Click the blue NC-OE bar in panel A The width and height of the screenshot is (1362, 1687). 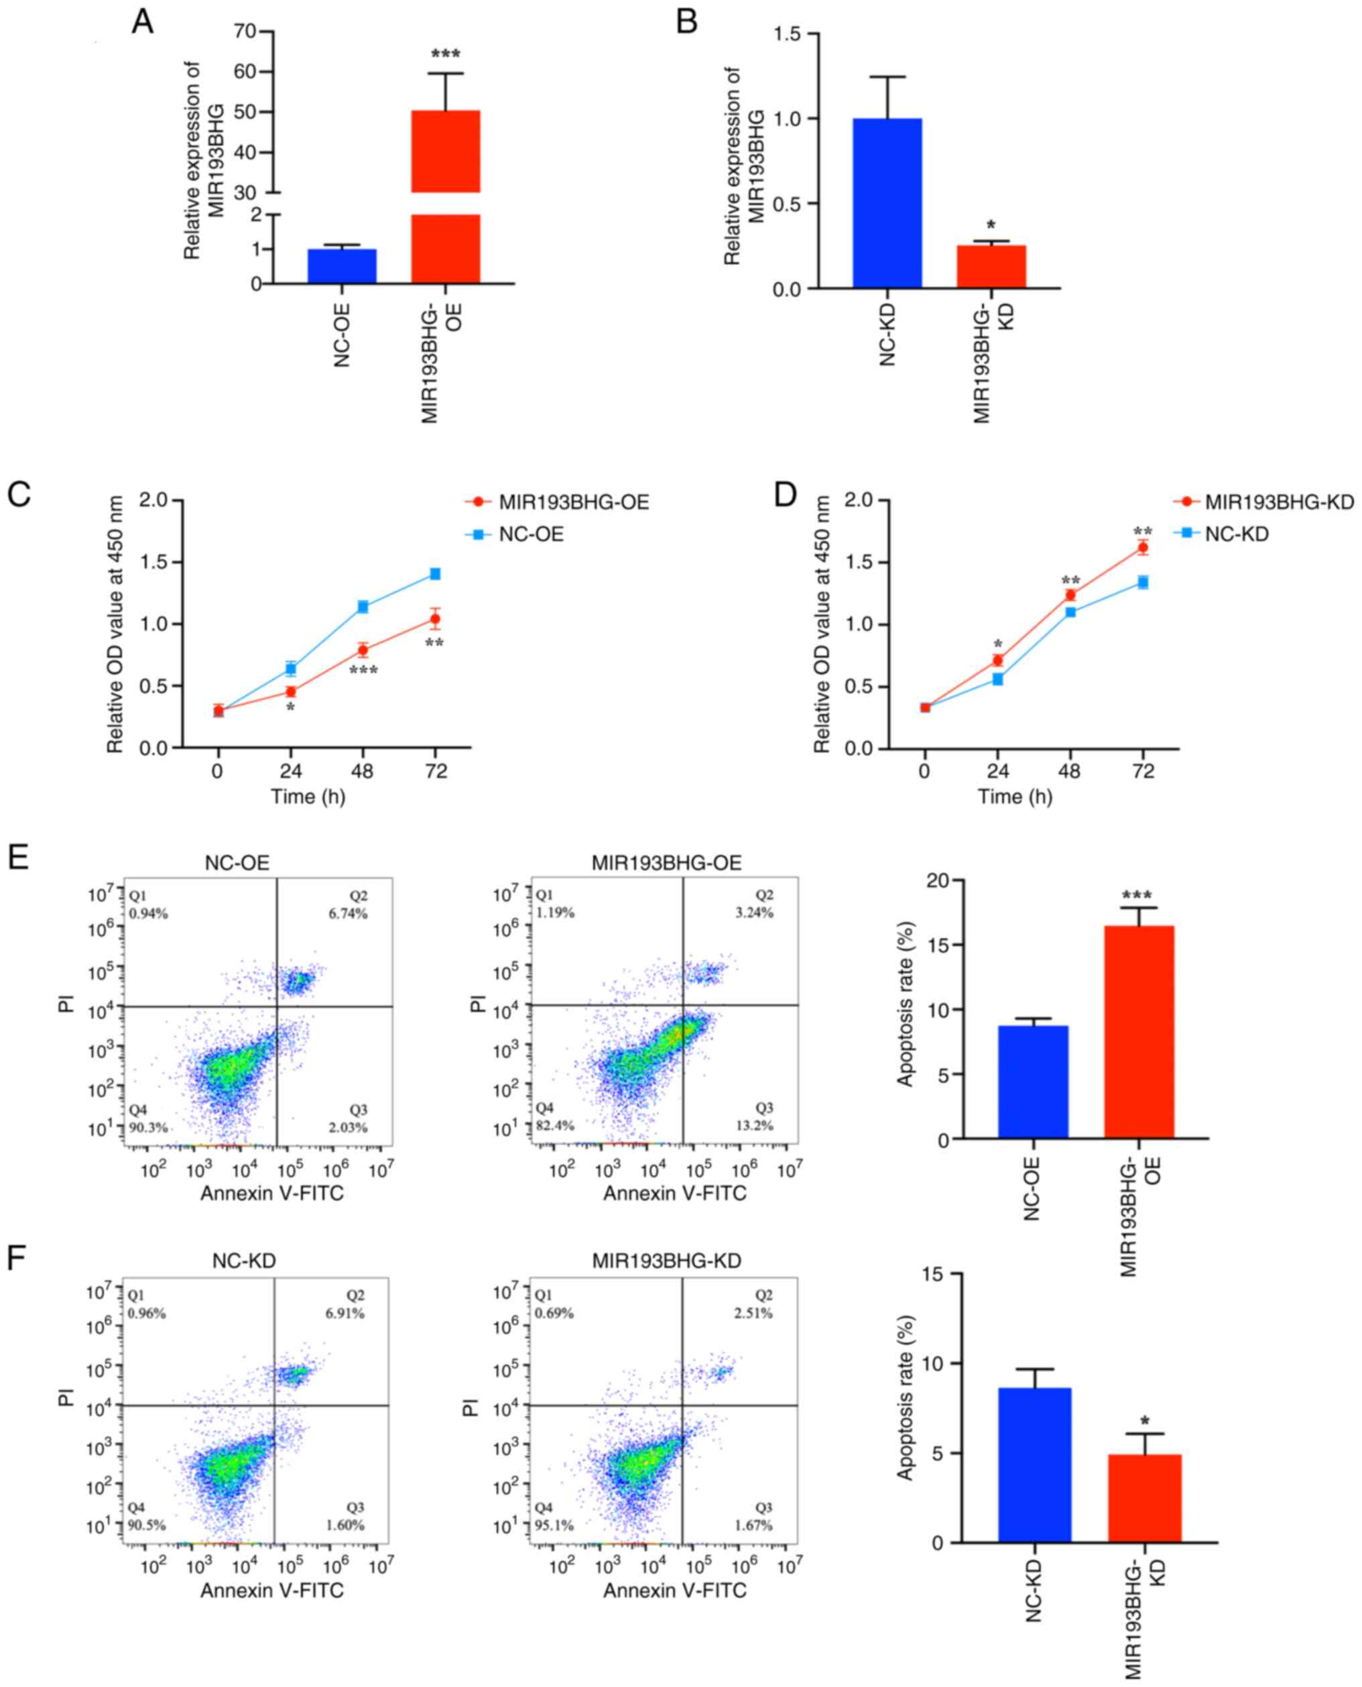point(342,266)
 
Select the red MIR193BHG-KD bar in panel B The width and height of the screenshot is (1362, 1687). point(991,267)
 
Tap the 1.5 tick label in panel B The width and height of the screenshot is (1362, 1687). point(788,34)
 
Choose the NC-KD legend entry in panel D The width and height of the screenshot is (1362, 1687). point(1237,534)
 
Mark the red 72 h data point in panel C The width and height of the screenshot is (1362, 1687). point(434,620)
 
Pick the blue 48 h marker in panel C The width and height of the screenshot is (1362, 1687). point(363,607)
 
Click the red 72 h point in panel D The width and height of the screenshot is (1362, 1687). point(1143,547)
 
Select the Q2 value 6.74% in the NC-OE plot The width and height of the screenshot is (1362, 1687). point(349,913)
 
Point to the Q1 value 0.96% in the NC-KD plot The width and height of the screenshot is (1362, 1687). point(147,1314)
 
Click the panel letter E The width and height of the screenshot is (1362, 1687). point(19,857)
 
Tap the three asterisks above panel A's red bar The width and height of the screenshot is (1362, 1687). point(446,55)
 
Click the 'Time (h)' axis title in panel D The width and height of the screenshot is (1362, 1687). point(1014,797)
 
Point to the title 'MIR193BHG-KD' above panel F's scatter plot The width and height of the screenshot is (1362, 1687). point(666,1261)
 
